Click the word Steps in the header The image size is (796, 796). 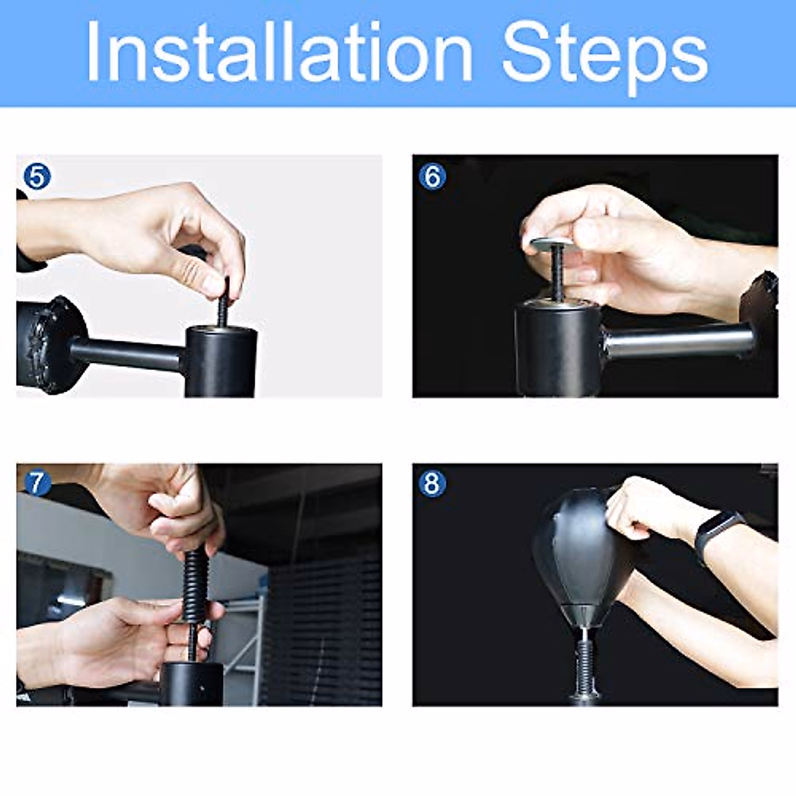point(605,58)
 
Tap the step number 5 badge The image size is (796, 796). point(36,176)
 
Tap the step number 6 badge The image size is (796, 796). point(432,176)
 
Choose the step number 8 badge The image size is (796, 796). point(432,484)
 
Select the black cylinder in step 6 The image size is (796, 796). point(557,348)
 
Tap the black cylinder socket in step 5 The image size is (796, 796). point(221,361)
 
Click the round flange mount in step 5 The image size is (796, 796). point(52,346)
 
